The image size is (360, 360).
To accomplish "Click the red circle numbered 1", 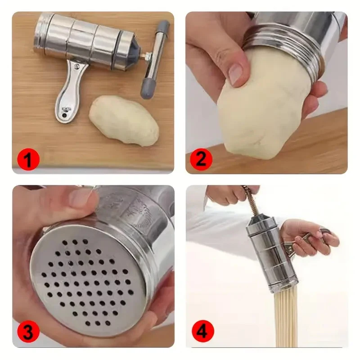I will click(28, 159).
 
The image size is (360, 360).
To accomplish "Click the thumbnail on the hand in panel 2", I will click(236, 74).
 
